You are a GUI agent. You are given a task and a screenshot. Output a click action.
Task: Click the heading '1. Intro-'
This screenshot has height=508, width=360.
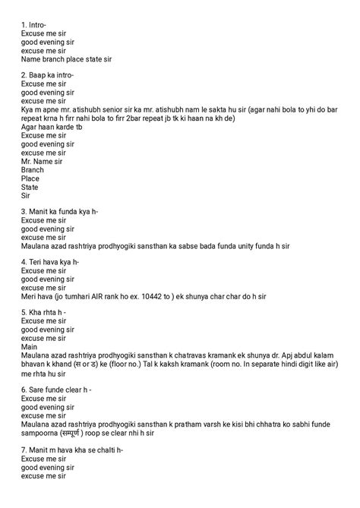click(x=35, y=24)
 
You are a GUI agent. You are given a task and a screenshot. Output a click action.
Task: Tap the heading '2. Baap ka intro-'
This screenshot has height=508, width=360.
click(x=49, y=75)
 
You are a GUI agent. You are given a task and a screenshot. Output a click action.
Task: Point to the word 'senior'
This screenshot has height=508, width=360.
click(x=131, y=109)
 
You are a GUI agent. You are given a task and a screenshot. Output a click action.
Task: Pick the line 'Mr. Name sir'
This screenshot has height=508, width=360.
click(x=42, y=160)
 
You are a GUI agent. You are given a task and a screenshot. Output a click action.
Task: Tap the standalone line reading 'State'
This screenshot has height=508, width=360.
click(x=30, y=186)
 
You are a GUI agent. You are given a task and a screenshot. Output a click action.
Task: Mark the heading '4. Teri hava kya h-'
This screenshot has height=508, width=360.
click(x=51, y=262)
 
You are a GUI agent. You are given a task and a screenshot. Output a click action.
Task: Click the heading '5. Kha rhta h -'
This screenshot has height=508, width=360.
click(x=44, y=313)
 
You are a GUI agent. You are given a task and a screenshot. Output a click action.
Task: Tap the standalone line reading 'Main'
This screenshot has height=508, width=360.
click(x=30, y=347)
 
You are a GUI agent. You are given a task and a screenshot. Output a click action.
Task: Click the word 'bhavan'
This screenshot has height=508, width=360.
click(x=35, y=364)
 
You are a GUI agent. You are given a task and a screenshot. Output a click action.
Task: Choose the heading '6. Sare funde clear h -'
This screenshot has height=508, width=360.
click(x=57, y=390)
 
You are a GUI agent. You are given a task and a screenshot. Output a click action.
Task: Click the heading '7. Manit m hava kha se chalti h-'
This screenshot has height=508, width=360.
click(x=72, y=450)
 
